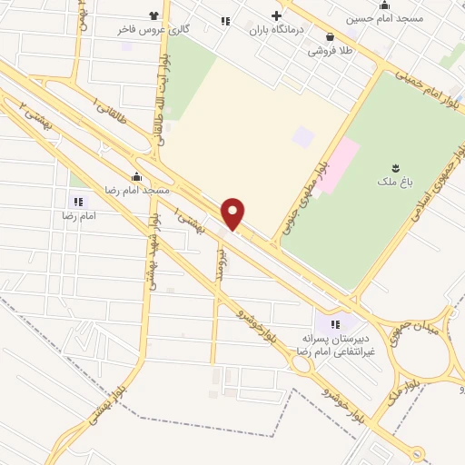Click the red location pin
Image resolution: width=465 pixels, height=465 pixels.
[233, 213]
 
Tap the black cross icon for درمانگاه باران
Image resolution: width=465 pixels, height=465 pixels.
[276, 15]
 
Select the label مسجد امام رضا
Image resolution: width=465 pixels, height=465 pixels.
[137, 191]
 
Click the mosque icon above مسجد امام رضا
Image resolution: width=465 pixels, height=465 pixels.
[136, 177]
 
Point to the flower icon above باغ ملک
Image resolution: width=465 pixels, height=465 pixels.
[396, 166]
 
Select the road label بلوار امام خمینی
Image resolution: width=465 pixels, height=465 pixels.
[414, 85]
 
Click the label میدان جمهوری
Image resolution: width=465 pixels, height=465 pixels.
[420, 332]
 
